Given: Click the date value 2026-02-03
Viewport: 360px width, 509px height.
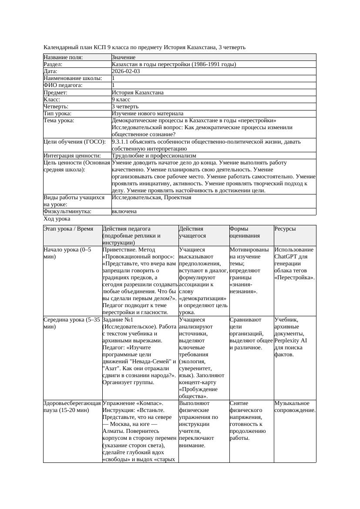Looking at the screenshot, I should pos(126,71).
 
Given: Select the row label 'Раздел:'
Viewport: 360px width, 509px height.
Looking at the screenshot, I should pos(54,64).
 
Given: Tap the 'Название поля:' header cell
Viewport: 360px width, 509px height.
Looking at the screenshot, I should pos(63,57).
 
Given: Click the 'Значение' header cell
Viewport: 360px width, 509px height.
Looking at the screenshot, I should pos(124,57).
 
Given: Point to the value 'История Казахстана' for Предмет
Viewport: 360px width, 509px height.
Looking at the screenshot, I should pos(138,93).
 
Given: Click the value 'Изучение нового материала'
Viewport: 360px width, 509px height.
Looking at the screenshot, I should pos(148,114).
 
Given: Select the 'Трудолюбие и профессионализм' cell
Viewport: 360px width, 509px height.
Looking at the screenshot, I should pos(154,156).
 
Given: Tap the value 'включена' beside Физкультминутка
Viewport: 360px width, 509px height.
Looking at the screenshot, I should pos(124,211).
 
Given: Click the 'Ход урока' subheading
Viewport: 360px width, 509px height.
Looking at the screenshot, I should pos(57,219).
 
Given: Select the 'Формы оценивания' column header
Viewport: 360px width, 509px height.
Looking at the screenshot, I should pos(245,232).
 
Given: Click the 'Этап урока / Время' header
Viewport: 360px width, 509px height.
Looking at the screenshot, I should pos(68,228).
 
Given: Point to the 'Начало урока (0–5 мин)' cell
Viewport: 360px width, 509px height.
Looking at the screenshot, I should pos(67,253).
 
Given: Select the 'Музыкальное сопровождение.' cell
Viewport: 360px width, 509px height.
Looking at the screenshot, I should pos(295,406).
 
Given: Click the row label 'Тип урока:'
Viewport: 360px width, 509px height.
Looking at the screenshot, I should pos(57,114).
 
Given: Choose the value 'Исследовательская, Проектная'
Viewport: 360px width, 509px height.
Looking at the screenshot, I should pos(151,198).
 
